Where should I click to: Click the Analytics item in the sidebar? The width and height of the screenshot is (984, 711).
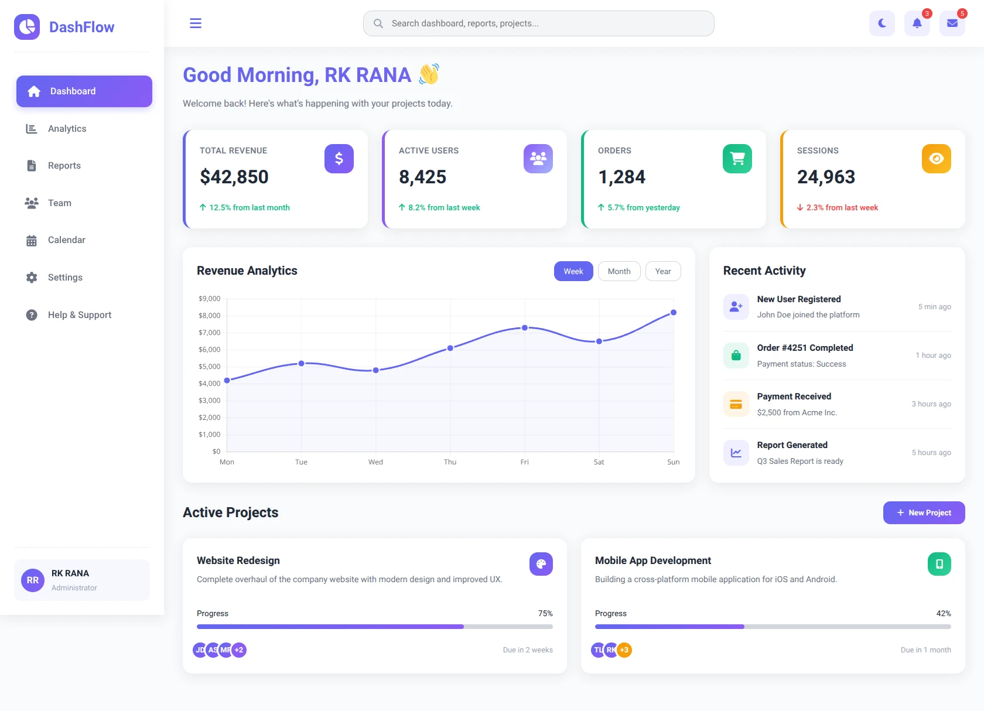[67, 129]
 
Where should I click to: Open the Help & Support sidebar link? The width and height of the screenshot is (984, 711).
[79, 315]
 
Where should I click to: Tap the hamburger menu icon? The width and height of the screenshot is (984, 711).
[196, 23]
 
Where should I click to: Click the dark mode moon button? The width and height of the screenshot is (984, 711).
[881, 23]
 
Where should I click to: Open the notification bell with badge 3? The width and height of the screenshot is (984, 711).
[917, 23]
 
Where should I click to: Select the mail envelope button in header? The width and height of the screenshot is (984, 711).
[952, 23]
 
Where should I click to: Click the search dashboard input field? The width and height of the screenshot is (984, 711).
[539, 23]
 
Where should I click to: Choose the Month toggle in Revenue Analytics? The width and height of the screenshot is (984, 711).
[619, 271]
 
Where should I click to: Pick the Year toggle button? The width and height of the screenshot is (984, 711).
[662, 271]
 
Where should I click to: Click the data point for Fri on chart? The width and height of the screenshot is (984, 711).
[525, 328]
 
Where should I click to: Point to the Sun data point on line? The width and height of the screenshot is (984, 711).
[674, 313]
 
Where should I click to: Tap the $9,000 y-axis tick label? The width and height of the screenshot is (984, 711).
[209, 299]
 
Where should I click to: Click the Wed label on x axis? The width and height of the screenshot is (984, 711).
[375, 462]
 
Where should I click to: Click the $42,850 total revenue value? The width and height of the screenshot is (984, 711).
[234, 177]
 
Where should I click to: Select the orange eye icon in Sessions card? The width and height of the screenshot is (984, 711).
[936, 159]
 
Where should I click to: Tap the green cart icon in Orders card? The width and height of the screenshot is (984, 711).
[737, 159]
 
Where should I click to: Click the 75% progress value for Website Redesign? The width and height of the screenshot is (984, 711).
[545, 613]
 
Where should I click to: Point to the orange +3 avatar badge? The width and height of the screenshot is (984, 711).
[624, 650]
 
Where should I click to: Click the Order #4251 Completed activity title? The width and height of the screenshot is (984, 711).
[805, 348]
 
